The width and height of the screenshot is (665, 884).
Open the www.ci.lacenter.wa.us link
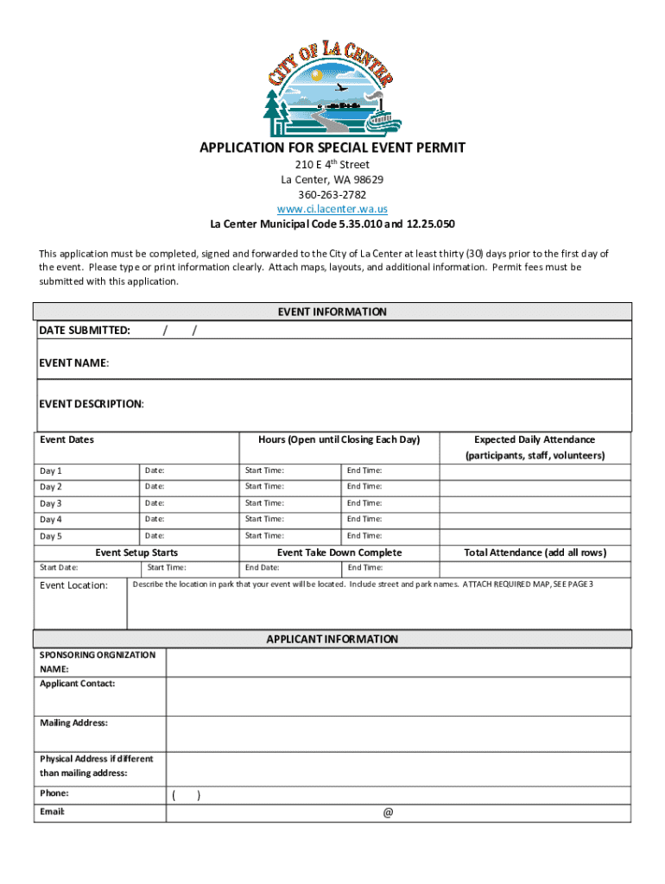[332, 209]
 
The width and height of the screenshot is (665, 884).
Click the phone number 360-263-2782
[332, 194]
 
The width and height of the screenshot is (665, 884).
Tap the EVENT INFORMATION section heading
[332, 312]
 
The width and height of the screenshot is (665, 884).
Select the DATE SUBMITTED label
[85, 330]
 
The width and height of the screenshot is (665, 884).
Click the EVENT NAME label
[74, 363]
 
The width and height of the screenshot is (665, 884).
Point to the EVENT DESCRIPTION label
[92, 404]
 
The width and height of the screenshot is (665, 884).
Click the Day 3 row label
[51, 503]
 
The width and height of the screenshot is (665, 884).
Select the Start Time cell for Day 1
[264, 470]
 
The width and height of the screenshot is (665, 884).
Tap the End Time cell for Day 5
[364, 535]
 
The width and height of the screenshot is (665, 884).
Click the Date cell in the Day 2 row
[155, 487]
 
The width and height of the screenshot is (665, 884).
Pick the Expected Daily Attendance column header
[535, 439]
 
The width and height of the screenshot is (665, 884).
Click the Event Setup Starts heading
[136, 552]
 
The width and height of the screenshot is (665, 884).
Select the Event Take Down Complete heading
[339, 552]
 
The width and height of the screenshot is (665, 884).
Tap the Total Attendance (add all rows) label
[535, 552]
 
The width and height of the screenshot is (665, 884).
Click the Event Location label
[74, 585]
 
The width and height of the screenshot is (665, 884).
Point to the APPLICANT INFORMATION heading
[332, 640]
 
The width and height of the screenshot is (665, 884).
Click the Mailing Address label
[74, 723]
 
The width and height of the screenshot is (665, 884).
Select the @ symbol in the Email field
[388, 812]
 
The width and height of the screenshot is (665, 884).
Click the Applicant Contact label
[78, 684]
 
